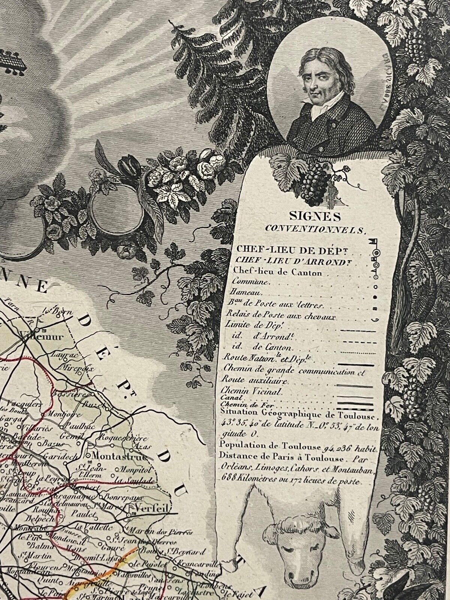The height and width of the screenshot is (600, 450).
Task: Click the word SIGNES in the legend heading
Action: tap(309, 216)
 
